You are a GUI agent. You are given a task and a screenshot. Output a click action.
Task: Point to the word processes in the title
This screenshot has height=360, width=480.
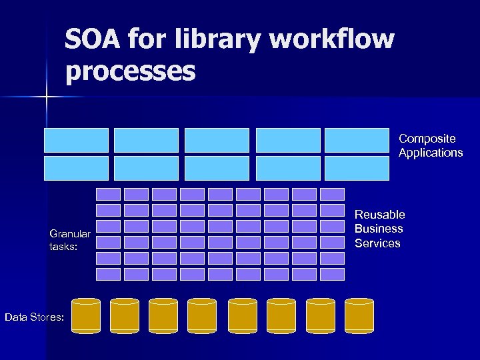(x=130, y=71)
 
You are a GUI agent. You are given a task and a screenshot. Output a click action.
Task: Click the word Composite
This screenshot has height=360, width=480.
(x=427, y=139)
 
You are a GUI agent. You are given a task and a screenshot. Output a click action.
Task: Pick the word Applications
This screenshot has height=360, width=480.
(x=431, y=153)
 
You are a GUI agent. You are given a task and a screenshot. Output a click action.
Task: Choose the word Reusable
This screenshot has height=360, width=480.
(x=379, y=215)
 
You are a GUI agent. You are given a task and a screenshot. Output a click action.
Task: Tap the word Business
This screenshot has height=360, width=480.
(x=379, y=229)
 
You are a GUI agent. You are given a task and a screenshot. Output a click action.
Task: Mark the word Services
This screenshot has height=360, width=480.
(x=377, y=243)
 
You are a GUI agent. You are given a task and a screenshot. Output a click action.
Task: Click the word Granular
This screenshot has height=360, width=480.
(x=70, y=234)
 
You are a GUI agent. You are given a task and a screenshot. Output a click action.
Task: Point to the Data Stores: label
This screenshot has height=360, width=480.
(x=34, y=317)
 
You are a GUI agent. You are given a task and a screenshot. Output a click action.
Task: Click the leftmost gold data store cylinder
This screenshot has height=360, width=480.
(x=85, y=315)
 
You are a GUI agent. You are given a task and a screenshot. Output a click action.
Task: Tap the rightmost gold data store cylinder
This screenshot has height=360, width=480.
(x=359, y=315)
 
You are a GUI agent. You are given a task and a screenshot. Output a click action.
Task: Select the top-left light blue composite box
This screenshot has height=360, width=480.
(x=76, y=140)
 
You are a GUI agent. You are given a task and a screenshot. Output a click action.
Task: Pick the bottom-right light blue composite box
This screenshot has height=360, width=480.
(x=357, y=169)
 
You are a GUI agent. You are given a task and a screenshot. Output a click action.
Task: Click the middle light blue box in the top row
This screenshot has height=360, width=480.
(x=217, y=140)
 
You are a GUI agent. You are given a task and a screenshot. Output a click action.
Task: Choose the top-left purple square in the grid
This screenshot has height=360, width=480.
(x=109, y=194)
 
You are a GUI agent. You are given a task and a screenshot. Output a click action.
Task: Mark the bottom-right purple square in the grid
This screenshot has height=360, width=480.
(x=332, y=274)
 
